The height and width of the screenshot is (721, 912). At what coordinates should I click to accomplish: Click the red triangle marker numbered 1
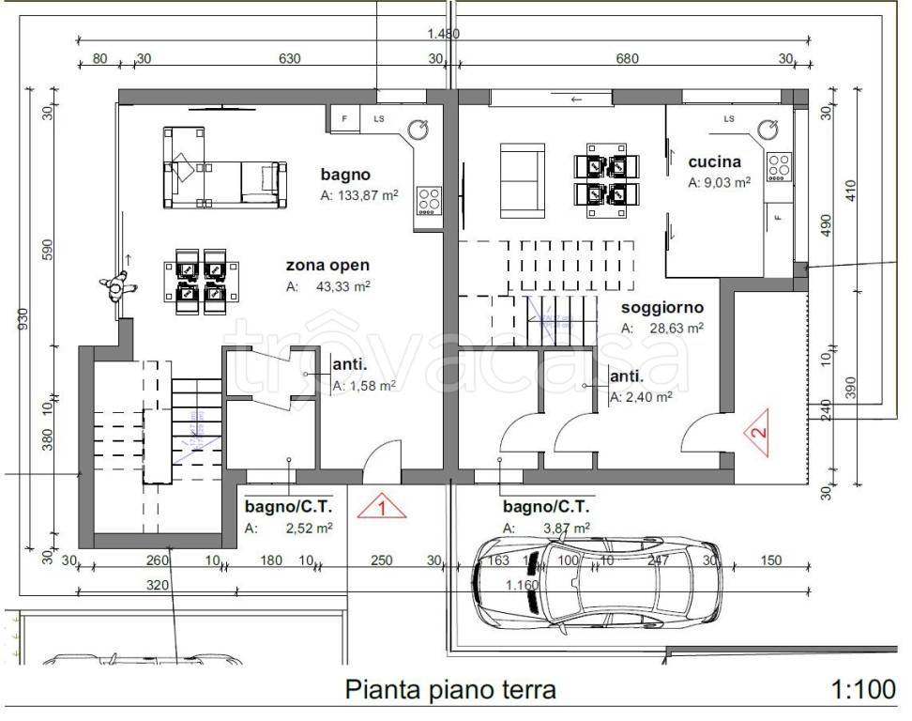pos(382,508)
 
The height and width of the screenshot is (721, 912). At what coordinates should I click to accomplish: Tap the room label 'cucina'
pos(714,161)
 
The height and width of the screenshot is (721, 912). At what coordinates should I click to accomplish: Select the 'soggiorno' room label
pos(661,307)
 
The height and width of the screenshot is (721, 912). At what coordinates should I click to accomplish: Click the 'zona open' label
pos(327,265)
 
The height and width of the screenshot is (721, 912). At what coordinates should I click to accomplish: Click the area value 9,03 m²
pos(719,183)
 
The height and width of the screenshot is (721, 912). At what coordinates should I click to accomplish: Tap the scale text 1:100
pos(862,690)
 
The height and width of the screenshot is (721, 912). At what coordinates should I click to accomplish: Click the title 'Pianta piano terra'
pos(451,690)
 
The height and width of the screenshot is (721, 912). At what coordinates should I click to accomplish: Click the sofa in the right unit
pos(522,180)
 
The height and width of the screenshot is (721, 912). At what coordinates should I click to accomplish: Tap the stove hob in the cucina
pos(779,167)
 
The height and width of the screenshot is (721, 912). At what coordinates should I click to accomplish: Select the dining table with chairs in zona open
pos(200,280)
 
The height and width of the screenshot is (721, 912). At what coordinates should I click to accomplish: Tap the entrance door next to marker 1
pos(380,463)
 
